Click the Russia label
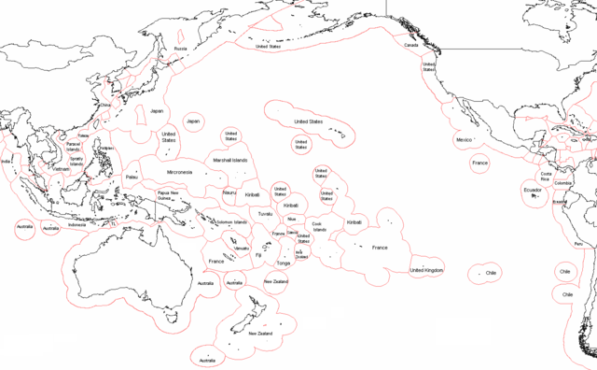point(181,48)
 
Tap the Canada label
point(410,45)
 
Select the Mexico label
point(464,139)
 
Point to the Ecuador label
point(532,191)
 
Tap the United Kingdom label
point(426,270)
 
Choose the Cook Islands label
point(320,225)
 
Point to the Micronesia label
point(179,172)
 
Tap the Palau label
point(132,176)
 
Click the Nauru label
point(229,192)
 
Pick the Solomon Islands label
point(232,221)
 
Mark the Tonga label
point(284,263)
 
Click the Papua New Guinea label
point(170,196)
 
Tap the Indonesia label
point(76,224)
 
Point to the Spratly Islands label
point(76,161)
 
